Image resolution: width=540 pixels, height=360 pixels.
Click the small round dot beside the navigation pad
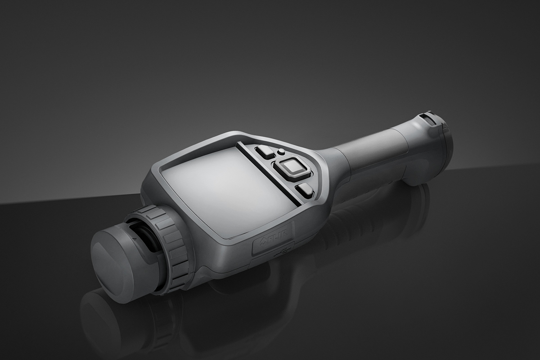(280, 152)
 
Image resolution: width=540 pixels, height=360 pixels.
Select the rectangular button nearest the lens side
(265, 152)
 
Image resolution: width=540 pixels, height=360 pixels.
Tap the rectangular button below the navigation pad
(305, 189)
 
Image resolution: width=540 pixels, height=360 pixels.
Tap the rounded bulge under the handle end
(421, 173)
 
